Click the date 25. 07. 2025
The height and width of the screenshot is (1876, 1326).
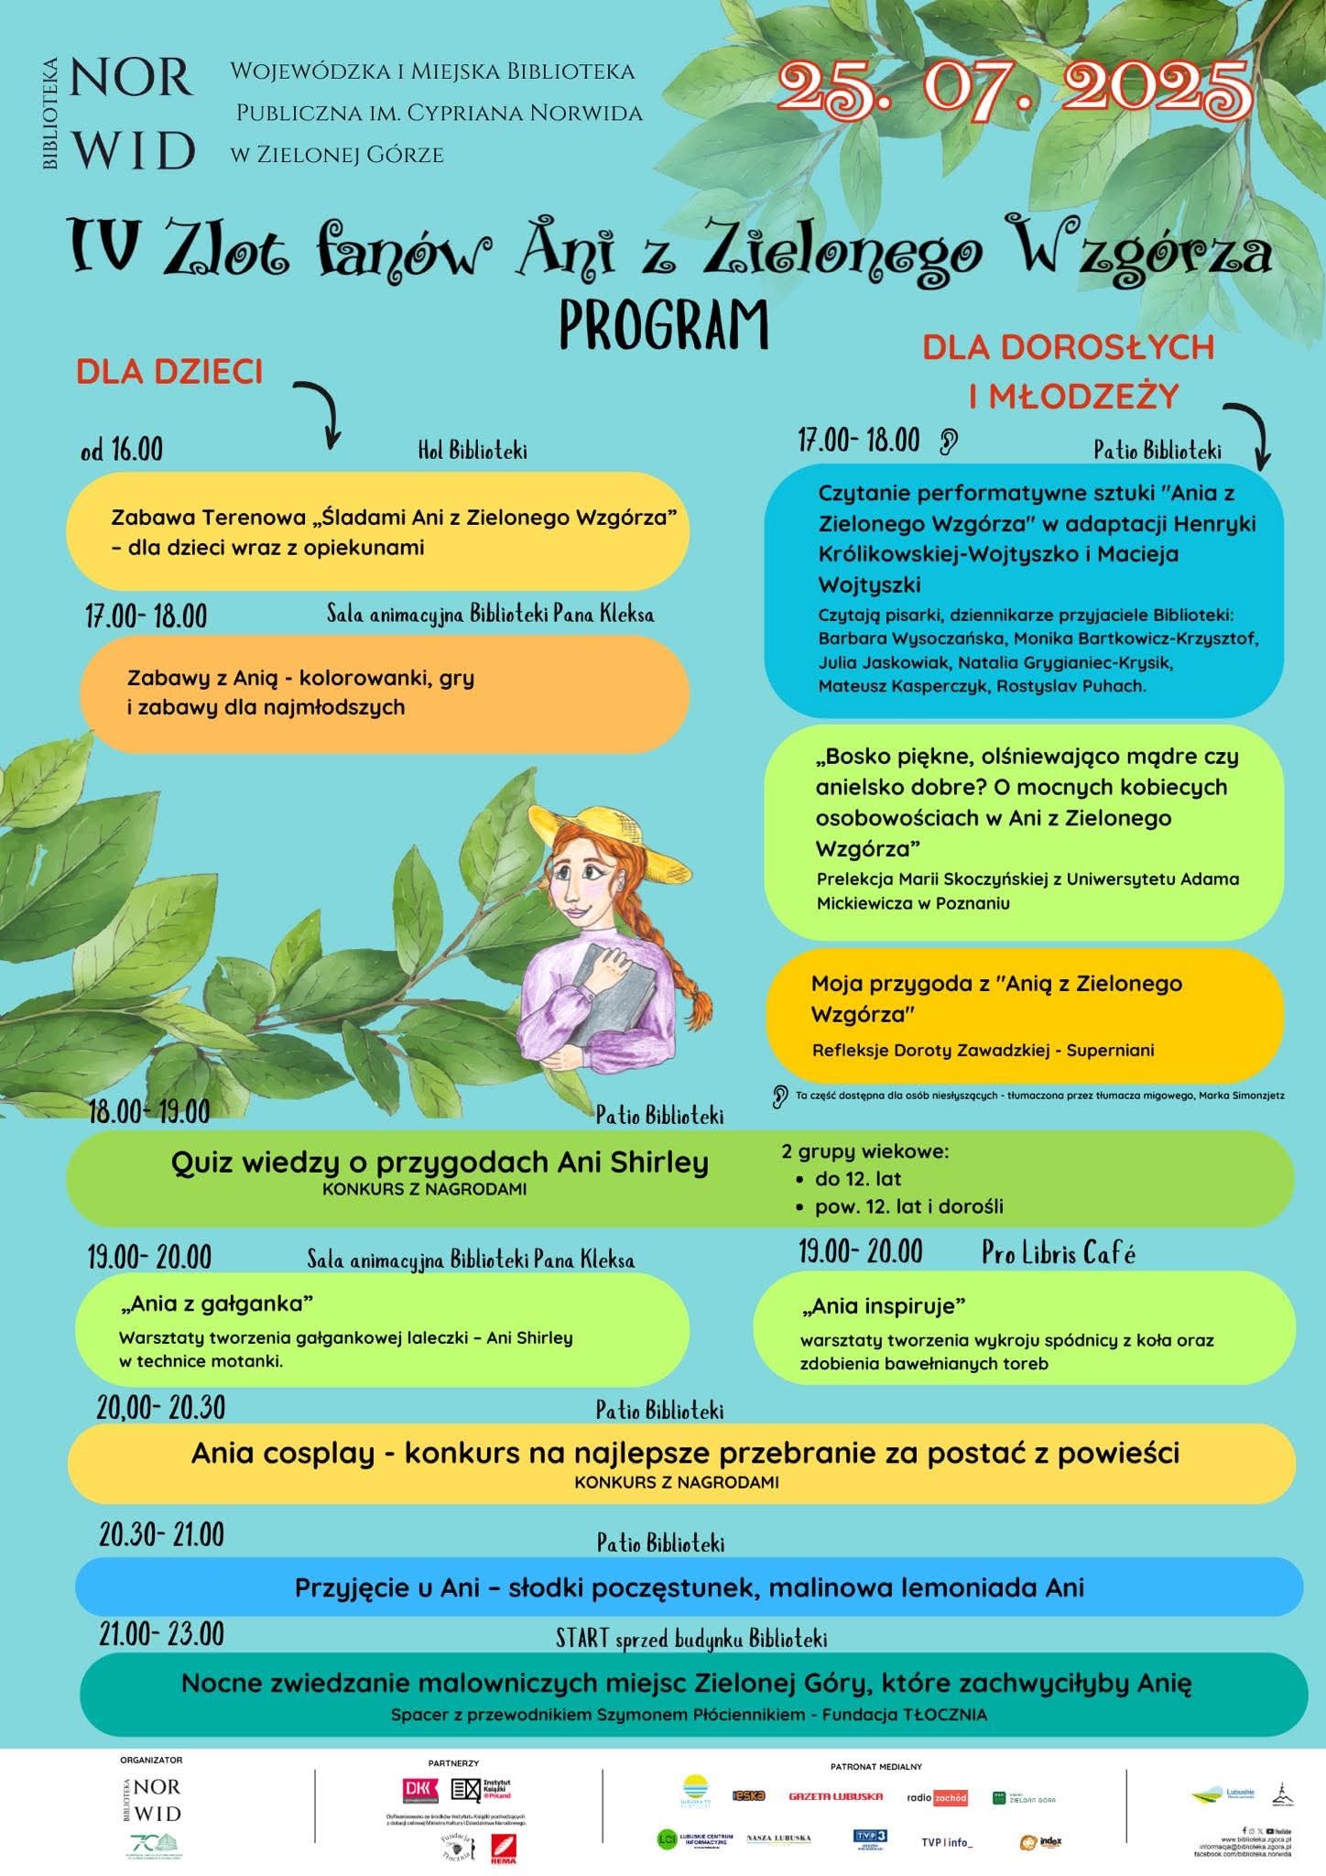point(1014,90)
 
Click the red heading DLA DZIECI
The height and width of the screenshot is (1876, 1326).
point(169,372)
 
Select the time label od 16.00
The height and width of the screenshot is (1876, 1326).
point(122,450)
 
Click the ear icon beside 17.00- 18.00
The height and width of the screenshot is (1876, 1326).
point(949,443)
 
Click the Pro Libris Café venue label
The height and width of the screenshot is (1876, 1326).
point(1059,1253)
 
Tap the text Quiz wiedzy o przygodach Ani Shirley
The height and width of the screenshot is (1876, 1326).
point(440,1162)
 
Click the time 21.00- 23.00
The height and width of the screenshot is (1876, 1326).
point(161,1632)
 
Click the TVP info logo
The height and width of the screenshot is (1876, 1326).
point(947,1841)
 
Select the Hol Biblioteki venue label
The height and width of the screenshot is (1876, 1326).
point(473,451)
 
